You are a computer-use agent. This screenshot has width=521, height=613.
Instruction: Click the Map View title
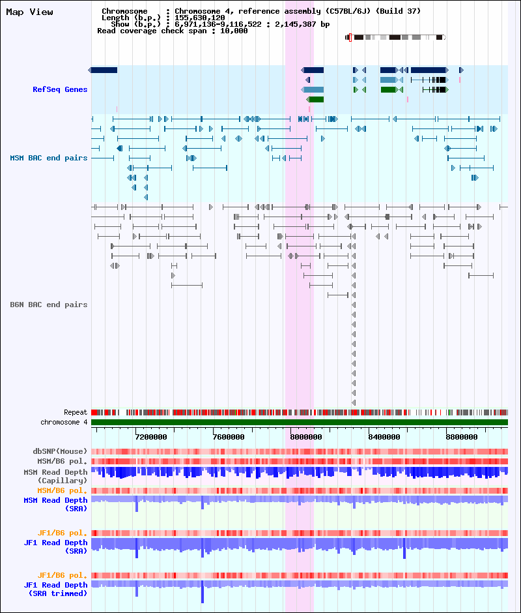click(x=30, y=12)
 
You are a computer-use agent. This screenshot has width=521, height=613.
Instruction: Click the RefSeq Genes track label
click(x=60, y=89)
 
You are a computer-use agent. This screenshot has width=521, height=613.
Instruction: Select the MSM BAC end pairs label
click(x=49, y=158)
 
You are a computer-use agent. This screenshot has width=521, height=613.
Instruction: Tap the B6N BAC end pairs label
click(x=49, y=305)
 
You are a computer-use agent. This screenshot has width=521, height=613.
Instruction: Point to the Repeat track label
click(x=76, y=412)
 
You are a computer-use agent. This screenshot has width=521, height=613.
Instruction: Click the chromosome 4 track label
click(x=64, y=422)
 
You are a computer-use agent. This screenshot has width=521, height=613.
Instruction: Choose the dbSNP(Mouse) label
click(x=60, y=451)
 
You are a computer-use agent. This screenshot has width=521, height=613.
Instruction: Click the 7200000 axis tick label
click(x=151, y=437)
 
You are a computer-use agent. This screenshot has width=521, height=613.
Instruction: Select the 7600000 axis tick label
click(x=229, y=437)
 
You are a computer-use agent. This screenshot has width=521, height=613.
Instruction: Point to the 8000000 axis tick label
click(x=306, y=437)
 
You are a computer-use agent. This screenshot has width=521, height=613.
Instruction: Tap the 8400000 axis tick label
click(x=384, y=437)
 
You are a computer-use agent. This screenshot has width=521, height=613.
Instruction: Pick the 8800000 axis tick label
click(x=462, y=437)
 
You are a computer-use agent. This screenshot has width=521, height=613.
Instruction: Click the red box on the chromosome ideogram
click(x=350, y=38)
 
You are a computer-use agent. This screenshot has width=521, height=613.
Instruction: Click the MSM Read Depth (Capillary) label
click(x=55, y=476)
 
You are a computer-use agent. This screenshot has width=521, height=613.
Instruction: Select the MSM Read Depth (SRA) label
click(x=55, y=504)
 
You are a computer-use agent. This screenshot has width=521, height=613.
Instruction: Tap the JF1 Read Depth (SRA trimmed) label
click(x=55, y=589)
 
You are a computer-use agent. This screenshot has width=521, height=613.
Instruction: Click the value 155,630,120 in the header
click(x=199, y=18)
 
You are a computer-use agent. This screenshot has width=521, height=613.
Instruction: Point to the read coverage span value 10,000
click(x=234, y=31)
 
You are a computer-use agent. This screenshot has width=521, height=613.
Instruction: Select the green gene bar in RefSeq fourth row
click(x=315, y=99)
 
